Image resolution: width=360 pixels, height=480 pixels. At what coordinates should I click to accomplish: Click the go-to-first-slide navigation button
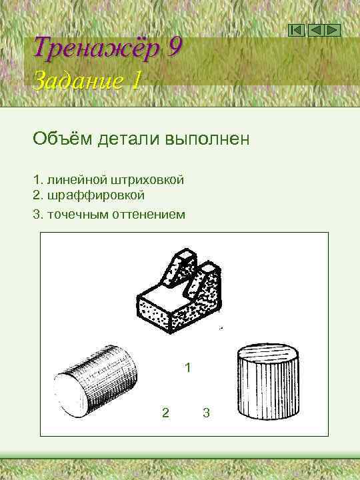point(297,30)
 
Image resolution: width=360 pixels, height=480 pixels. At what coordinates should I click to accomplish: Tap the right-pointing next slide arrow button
point(333,30)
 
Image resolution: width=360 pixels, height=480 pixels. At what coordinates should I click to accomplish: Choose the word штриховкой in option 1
point(151,180)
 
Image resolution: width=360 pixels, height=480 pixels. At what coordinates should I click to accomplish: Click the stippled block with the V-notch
point(181,293)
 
